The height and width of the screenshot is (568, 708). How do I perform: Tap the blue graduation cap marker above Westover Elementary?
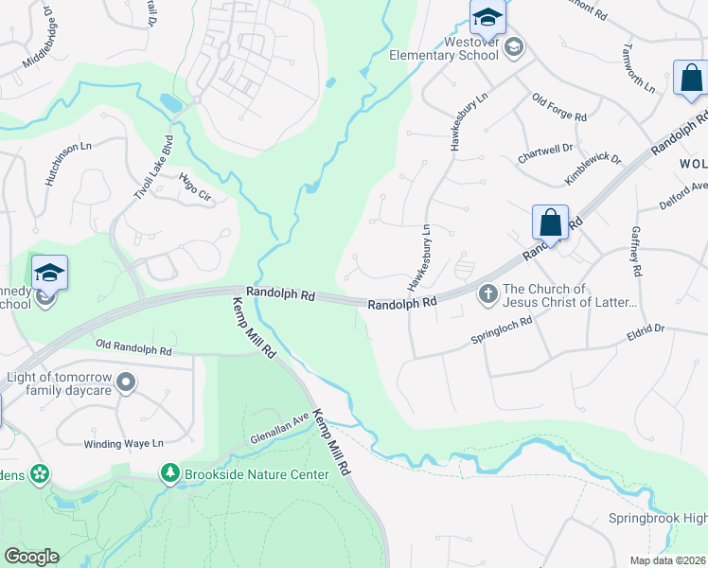click(x=487, y=16)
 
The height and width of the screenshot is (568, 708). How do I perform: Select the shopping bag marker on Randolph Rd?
click(x=550, y=223)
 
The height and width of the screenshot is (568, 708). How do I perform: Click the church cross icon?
click(x=487, y=294)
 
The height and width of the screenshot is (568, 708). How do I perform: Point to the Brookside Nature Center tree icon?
click(x=170, y=470)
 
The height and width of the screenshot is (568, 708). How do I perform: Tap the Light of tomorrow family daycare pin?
click(x=127, y=383)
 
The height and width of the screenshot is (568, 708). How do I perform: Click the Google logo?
click(x=31, y=556)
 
